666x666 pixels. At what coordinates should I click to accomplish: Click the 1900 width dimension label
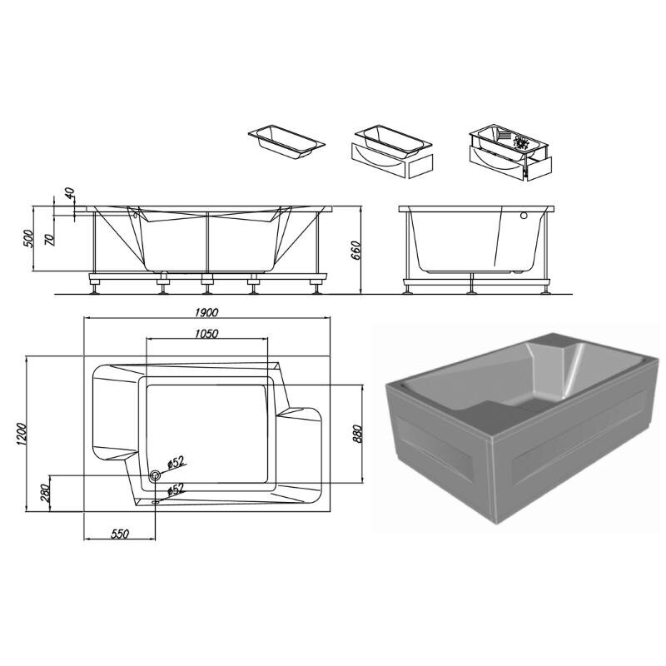coord(206,313)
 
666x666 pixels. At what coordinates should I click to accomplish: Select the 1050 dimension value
coord(206,334)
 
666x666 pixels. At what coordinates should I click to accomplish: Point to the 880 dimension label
coord(357,434)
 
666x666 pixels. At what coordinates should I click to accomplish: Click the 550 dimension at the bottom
coord(119,534)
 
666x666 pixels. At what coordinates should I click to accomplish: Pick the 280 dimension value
coord(46,493)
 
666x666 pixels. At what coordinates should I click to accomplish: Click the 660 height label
coord(356,251)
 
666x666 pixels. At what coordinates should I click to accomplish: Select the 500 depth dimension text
coord(27,240)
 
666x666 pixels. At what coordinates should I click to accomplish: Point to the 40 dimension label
coord(70,194)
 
